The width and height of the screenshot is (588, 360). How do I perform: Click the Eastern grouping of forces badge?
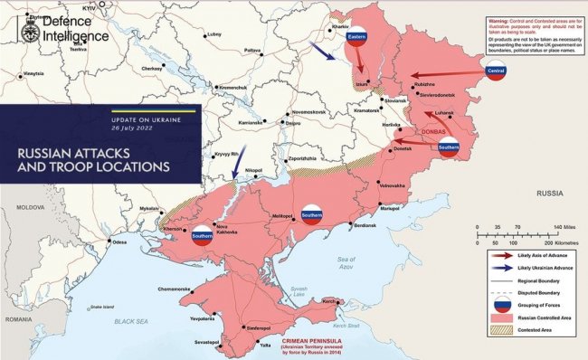356,35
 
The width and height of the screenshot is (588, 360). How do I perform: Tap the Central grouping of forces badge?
495,71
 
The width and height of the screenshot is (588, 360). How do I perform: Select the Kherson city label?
172,229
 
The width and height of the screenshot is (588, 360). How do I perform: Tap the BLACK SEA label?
130,321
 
